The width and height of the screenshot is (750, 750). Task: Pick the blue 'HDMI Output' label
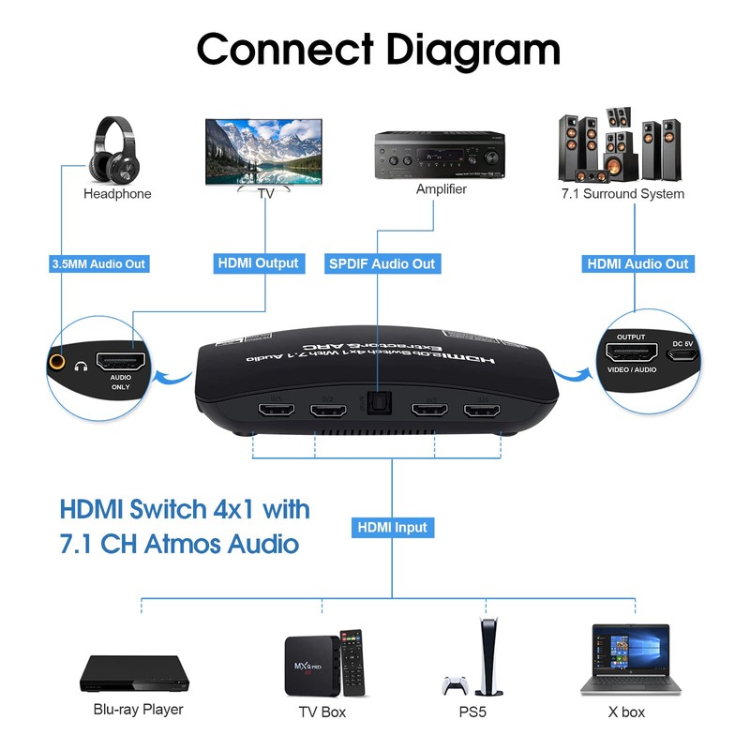coord(258,263)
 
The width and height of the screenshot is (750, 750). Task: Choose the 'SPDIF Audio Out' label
coord(382,264)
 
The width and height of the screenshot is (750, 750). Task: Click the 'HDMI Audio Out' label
coord(637,264)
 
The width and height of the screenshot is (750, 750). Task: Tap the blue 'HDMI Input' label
coord(392,528)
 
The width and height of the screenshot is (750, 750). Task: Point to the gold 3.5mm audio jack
coord(60,359)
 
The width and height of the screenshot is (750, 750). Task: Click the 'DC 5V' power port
coord(681,354)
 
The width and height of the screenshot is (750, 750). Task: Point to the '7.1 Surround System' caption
coord(622,194)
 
